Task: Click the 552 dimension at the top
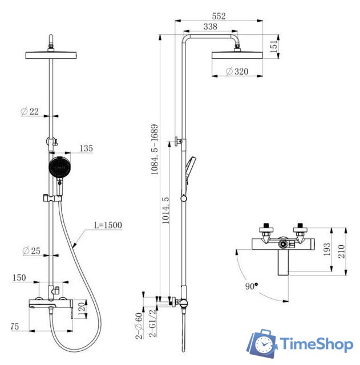click(x=219, y=16)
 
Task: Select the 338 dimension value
click(x=211, y=27)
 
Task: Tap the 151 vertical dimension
click(x=274, y=46)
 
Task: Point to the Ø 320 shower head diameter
click(x=237, y=71)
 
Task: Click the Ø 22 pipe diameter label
click(x=30, y=111)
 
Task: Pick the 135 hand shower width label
click(x=86, y=148)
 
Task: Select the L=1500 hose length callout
click(x=108, y=225)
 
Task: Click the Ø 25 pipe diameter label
click(x=31, y=251)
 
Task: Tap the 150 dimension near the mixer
click(x=19, y=278)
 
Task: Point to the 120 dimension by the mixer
click(x=82, y=309)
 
